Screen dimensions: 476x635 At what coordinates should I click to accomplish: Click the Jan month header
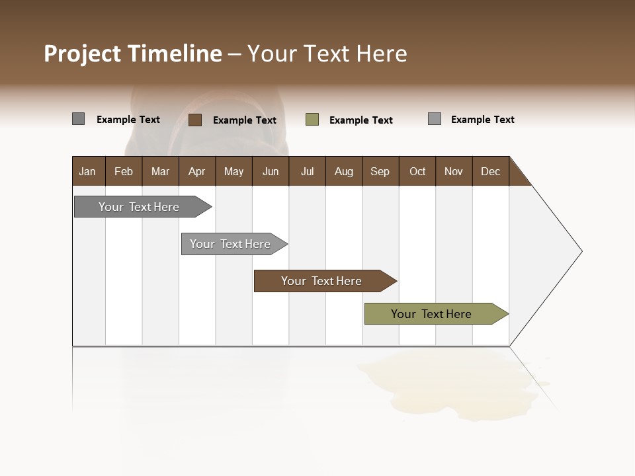[x=87, y=171]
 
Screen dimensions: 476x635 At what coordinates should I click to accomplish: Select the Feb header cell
[x=124, y=171]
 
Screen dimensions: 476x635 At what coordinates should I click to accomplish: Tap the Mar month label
[x=160, y=171]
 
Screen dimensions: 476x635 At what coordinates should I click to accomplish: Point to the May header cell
[x=233, y=171]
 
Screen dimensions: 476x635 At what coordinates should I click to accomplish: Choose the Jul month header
[x=307, y=171]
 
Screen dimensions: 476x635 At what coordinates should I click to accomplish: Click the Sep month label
[x=380, y=171]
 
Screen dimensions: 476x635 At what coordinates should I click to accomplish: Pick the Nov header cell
[x=453, y=171]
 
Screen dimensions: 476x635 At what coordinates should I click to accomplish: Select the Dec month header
[x=490, y=171]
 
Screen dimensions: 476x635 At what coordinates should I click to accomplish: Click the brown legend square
[x=195, y=120]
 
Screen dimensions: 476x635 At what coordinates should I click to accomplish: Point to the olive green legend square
[x=312, y=120]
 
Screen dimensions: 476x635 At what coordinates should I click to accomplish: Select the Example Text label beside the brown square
[x=244, y=120]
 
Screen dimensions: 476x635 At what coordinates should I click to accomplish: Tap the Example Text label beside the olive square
[x=360, y=120]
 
